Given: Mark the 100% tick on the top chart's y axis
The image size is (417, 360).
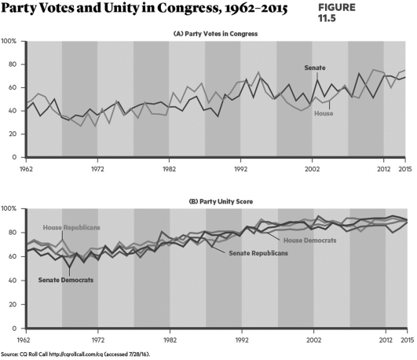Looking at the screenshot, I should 9,41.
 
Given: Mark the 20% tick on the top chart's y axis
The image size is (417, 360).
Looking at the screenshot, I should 11,134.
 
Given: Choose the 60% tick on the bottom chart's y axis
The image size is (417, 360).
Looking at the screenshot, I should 11,256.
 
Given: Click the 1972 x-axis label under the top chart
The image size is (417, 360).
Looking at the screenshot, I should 96,169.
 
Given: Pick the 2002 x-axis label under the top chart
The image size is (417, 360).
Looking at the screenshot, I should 313,169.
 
